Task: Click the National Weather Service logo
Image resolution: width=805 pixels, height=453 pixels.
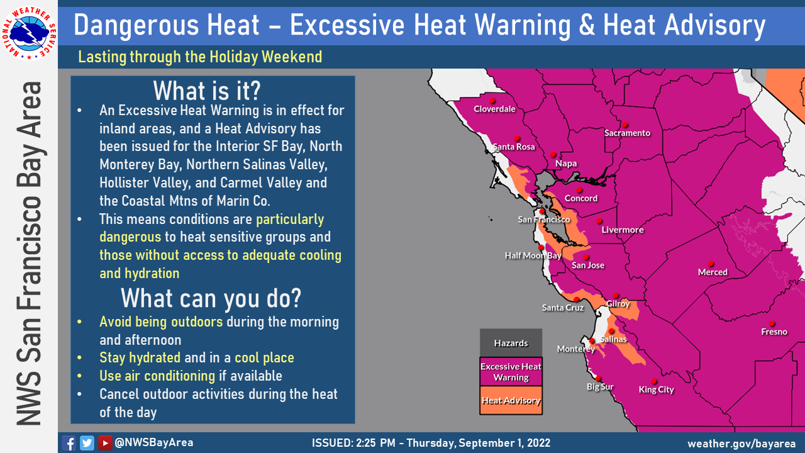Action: point(29,33)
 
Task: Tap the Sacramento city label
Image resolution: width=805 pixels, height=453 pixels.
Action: point(627,133)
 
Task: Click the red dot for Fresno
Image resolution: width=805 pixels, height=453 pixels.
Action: point(772,323)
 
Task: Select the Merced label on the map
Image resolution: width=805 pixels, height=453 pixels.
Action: point(713,272)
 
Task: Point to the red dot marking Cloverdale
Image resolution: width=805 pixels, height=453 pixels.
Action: point(492,101)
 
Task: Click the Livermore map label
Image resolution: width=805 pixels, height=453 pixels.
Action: point(623,230)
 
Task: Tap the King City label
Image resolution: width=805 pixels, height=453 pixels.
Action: point(656,389)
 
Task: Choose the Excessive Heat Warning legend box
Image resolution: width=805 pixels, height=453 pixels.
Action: point(511,372)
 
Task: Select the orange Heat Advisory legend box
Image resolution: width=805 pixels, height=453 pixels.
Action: point(511,401)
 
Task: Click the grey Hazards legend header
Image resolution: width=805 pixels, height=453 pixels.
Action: point(511,343)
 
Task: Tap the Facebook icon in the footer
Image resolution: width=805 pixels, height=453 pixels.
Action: point(69,443)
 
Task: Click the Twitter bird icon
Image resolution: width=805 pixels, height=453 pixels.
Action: point(87,443)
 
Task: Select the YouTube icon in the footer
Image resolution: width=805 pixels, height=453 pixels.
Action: point(105,443)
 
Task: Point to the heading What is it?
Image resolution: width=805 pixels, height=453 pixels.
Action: point(207,91)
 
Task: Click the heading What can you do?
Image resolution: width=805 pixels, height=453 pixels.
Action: point(211,298)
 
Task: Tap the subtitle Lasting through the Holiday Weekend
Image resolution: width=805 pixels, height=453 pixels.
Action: point(200,57)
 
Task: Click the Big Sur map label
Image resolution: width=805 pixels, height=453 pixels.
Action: point(600,387)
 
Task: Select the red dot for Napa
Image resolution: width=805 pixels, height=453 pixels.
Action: point(553,155)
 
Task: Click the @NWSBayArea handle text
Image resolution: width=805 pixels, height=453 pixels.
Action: point(154,442)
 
